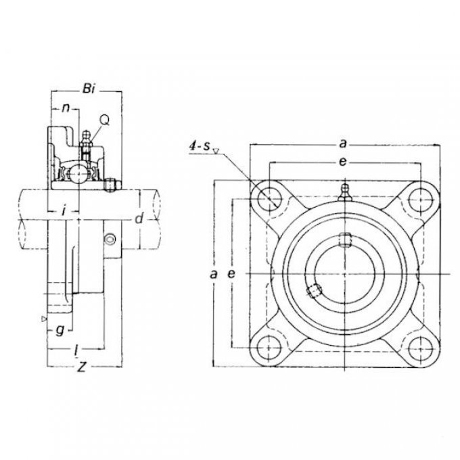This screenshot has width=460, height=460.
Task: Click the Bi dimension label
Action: (x=89, y=89)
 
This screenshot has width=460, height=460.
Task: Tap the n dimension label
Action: (x=66, y=108)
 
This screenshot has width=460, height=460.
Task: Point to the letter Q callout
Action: (x=104, y=120)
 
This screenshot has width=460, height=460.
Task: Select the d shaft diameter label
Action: (x=139, y=218)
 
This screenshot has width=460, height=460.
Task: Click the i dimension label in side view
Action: (x=64, y=210)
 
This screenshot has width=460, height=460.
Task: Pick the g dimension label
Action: (x=60, y=331)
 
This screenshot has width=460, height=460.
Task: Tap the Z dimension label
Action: (x=81, y=367)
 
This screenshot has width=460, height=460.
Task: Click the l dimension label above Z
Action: (x=76, y=351)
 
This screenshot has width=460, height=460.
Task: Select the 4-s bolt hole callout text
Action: (x=200, y=146)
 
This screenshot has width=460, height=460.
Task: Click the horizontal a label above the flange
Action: (x=343, y=143)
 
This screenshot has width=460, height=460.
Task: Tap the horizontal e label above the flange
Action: (x=342, y=162)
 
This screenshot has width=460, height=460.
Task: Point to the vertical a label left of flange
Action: (x=214, y=274)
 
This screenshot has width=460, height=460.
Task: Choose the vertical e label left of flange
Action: (x=232, y=274)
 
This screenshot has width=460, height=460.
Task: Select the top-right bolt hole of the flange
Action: (x=421, y=200)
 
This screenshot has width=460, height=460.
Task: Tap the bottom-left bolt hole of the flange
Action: (x=269, y=348)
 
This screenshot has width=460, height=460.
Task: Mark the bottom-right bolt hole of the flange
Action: (x=421, y=348)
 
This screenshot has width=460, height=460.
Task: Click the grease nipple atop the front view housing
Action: (x=345, y=192)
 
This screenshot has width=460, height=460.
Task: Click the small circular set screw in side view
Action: (x=110, y=239)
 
